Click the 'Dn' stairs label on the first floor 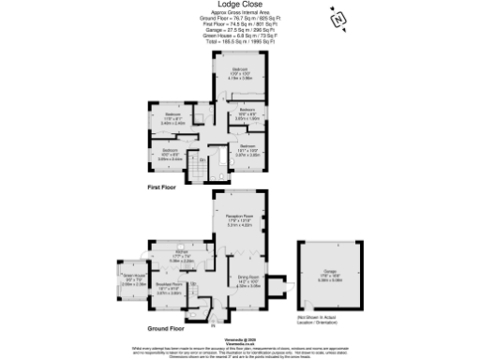click(x=202, y=159)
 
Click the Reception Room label click(x=241, y=221)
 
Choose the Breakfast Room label click(x=169, y=289)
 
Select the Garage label click(x=329, y=274)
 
